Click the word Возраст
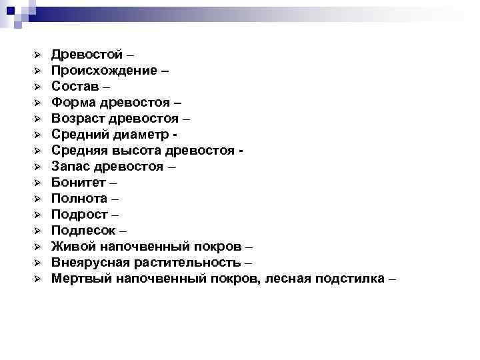[79, 119]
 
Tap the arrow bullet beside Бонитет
[39, 183]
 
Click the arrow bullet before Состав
[39, 87]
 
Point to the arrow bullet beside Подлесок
[39, 231]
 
